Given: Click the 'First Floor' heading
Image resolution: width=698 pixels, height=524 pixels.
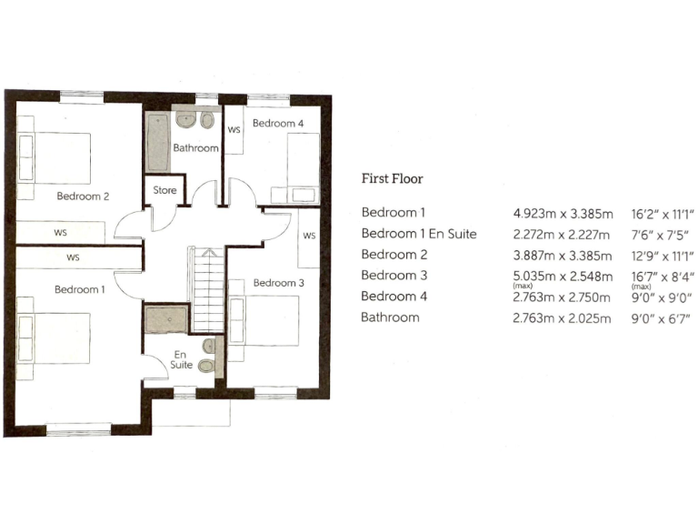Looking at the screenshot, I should pos(392,179).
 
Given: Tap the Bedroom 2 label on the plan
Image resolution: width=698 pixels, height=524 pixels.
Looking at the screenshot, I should pos(83,196).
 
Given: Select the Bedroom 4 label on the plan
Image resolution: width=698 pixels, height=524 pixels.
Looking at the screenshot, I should pos(278,123).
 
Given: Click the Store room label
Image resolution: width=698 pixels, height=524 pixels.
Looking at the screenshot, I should pos(165,191).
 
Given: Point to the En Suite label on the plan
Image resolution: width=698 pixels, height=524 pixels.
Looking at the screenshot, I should pos(181,359).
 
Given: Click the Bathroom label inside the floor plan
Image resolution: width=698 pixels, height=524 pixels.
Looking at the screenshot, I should pos(196,148).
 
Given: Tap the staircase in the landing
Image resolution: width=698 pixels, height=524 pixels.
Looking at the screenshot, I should pos(206,290).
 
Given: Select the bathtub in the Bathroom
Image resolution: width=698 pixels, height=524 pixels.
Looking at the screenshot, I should pos(154,142).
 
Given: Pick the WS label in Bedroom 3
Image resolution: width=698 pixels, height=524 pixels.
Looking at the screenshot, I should pos(309,237).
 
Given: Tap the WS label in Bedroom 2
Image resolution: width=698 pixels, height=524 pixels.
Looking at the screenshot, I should pos(60,233).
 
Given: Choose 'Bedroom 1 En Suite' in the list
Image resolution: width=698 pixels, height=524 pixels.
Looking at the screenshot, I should pos(419,234).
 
